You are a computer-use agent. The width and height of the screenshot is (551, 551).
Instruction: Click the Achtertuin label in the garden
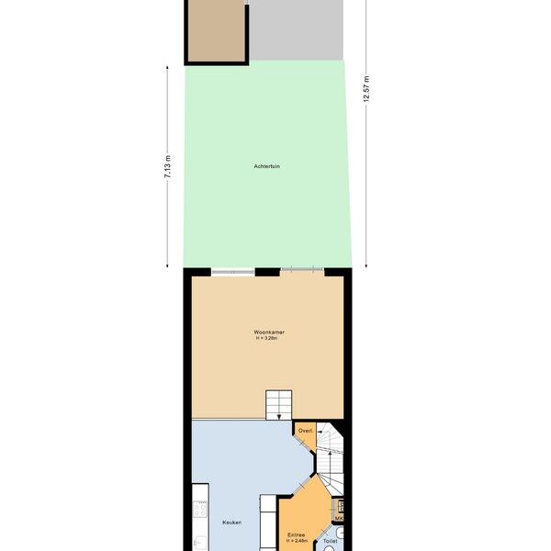point(266,166)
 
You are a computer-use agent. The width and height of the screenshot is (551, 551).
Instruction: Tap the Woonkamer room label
point(269,332)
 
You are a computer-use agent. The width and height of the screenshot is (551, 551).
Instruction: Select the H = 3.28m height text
point(266,338)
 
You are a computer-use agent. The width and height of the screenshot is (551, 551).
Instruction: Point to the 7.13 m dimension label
point(168,166)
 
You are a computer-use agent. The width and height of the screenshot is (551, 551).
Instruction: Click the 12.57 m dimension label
point(366,89)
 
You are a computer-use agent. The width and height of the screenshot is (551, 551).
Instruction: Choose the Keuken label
point(232,523)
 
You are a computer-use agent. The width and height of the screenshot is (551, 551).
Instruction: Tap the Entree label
point(296,535)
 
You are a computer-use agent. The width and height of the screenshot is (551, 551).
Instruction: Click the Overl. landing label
point(306,431)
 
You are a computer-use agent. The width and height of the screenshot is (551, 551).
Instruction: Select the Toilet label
point(330,541)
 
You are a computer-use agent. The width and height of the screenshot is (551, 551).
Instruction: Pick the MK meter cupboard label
point(339,518)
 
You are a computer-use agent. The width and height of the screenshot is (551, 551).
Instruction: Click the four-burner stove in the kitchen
point(200,509)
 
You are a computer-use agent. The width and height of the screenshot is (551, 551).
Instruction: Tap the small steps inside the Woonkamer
point(278,404)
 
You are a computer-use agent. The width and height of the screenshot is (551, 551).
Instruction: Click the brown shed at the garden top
point(217,31)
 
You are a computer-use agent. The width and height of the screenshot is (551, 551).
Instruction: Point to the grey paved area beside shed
point(297,30)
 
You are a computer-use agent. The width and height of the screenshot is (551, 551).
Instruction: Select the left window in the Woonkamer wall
point(232,272)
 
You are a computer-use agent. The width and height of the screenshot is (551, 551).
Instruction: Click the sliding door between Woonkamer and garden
point(302,269)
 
